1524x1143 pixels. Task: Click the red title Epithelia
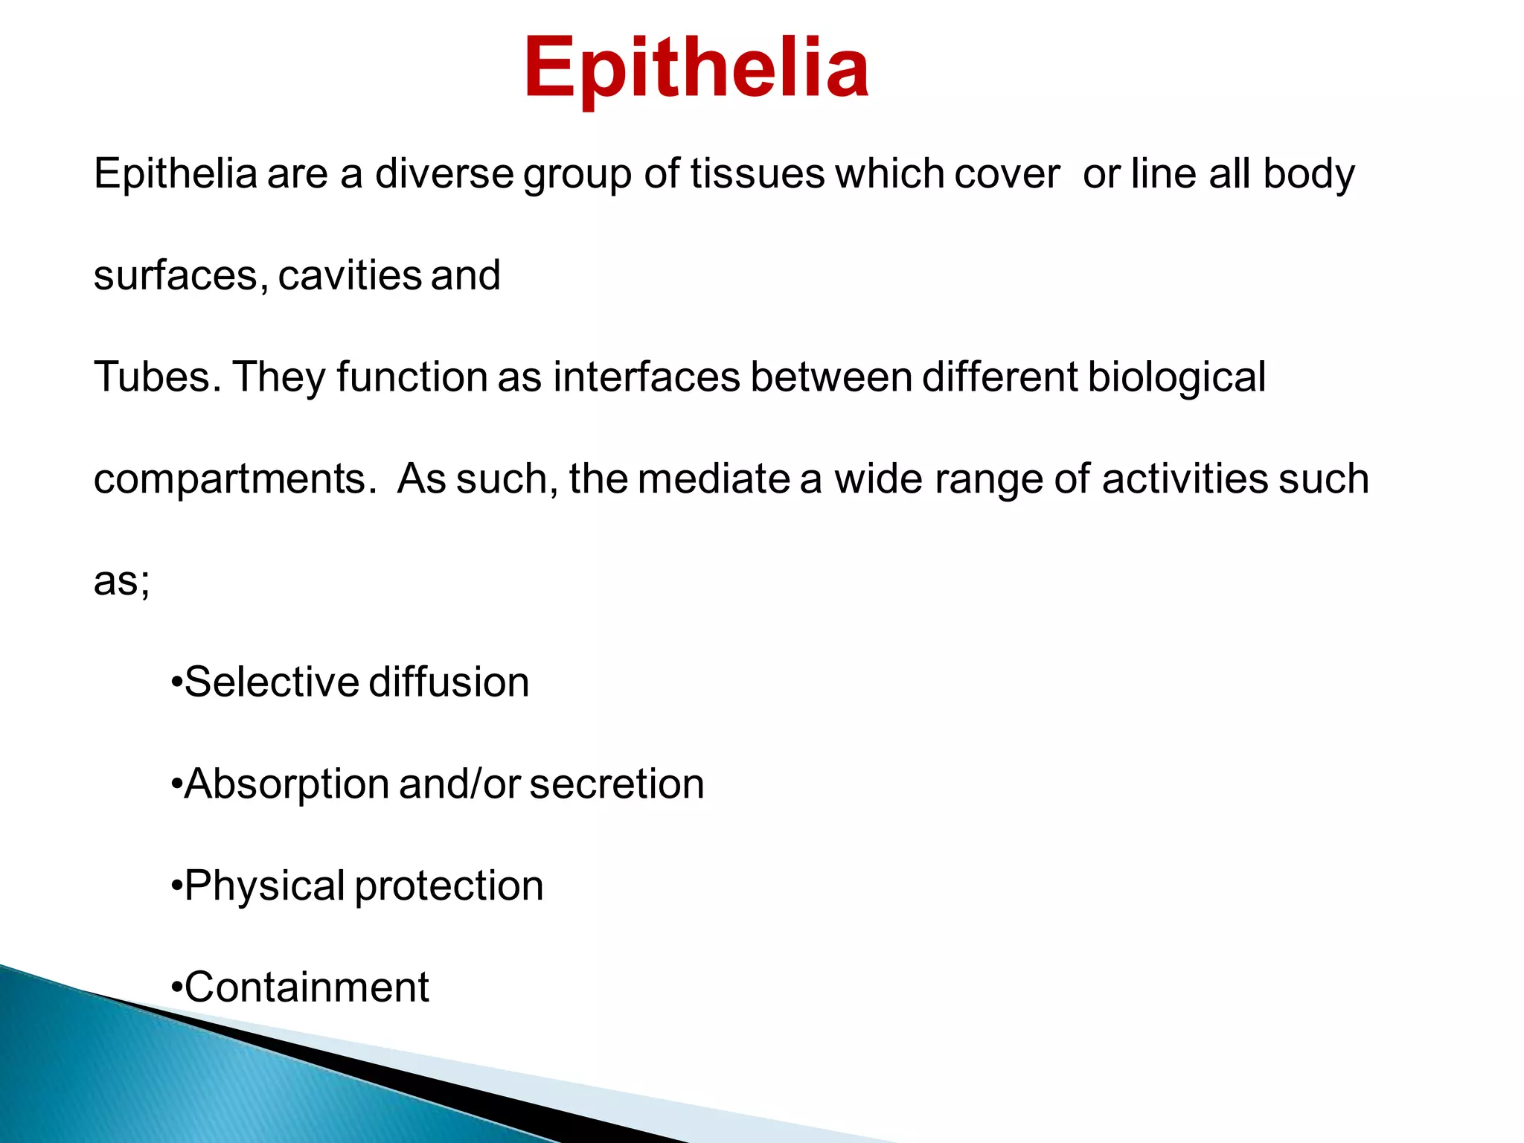pos(696,68)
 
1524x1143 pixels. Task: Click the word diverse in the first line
pos(444,174)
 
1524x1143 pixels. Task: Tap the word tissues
pos(757,174)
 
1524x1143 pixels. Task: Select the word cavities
pos(350,276)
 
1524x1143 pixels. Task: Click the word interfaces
pos(646,377)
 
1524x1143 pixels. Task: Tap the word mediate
pos(713,478)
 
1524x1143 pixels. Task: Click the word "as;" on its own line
pos(121,581)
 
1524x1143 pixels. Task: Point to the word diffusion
pos(449,682)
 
